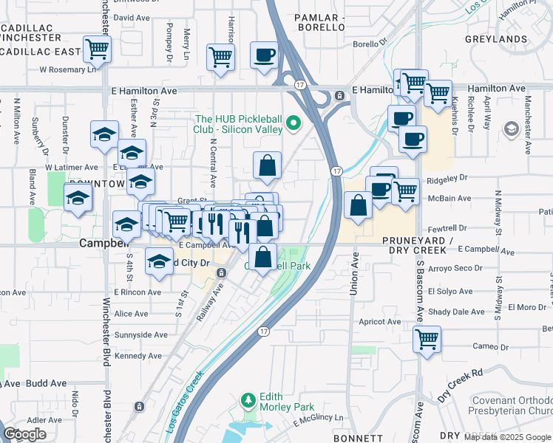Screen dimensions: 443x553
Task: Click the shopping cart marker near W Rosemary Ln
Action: [97, 49]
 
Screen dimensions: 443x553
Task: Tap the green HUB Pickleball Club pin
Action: [294, 123]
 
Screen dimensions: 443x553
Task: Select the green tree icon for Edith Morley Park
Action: [248, 401]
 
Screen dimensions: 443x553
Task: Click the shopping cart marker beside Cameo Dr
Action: [427, 339]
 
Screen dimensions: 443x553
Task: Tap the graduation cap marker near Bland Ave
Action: [78, 197]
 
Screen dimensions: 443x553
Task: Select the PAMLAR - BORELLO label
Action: [319, 21]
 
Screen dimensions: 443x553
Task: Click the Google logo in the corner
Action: [25, 433]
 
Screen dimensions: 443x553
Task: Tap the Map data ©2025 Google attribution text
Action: [507, 437]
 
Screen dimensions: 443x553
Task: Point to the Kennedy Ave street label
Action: [138, 356]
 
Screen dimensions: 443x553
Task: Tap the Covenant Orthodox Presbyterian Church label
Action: [511, 406]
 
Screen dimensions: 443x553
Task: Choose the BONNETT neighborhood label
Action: [359, 438]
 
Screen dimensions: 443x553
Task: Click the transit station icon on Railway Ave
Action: [221, 273]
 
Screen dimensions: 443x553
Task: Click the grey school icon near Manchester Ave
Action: [511, 130]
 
